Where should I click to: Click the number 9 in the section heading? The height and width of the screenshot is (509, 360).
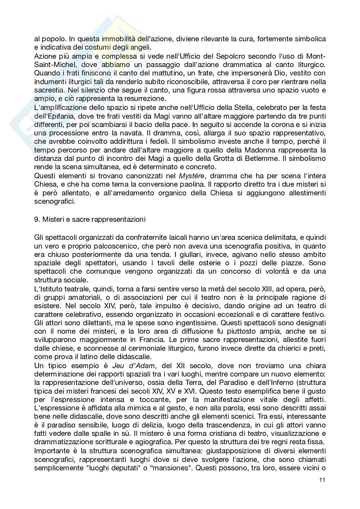pos(36,220)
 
